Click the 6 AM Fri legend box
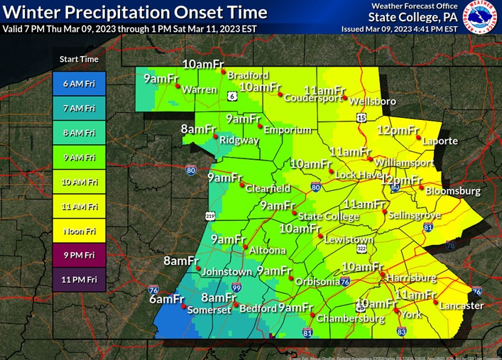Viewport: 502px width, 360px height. click(x=78, y=84)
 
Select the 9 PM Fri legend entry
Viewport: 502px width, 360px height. click(x=78, y=254)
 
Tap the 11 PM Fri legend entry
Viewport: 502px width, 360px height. click(x=78, y=279)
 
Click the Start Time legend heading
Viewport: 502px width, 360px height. click(x=78, y=59)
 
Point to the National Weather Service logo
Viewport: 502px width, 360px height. click(x=480, y=18)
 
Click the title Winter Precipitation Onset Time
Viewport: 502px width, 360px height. click(x=136, y=13)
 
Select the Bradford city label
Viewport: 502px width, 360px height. click(x=249, y=75)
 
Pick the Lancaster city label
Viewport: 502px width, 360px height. click(x=462, y=306)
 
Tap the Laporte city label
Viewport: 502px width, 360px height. click(x=440, y=141)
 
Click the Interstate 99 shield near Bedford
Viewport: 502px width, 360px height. click(x=236, y=287)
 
